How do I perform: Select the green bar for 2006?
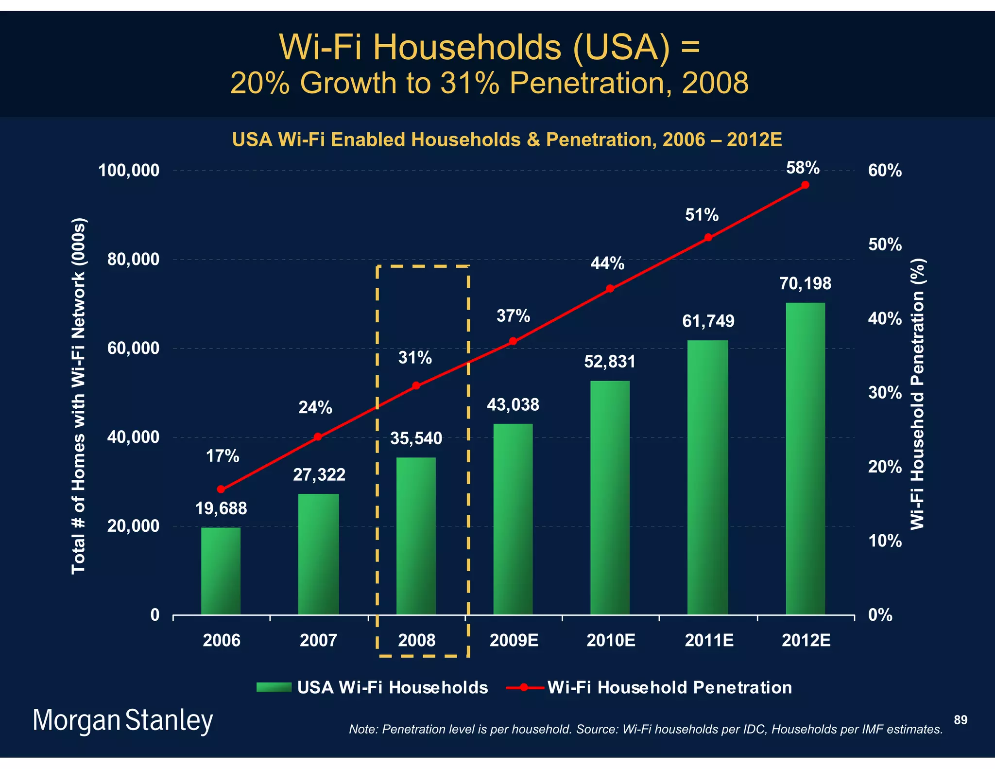click(221, 571)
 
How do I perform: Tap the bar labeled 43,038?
click(513, 519)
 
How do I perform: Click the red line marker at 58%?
click(805, 185)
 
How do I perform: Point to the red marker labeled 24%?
click(318, 437)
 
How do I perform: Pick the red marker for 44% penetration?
click(610, 289)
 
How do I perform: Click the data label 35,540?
click(416, 438)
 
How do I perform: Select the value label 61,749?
click(708, 321)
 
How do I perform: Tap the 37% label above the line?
click(513, 316)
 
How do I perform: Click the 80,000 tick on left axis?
click(133, 260)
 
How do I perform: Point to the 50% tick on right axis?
click(885, 245)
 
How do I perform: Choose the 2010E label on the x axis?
click(611, 640)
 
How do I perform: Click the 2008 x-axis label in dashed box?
click(416, 640)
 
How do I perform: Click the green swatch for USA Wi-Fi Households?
click(274, 687)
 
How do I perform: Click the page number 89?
click(961, 720)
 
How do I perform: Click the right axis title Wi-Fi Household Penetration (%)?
click(917, 394)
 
